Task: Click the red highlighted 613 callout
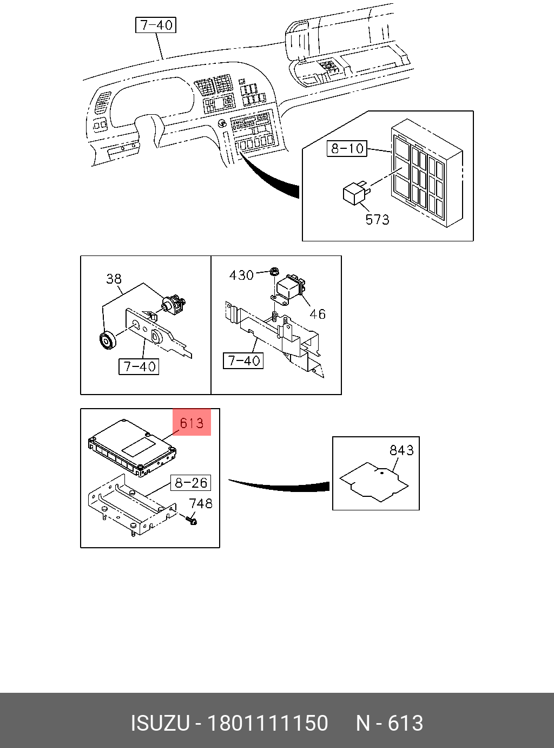click(x=192, y=423)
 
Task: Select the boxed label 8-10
click(x=347, y=148)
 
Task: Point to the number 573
click(x=377, y=220)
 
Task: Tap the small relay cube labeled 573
click(x=355, y=194)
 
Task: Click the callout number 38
click(x=114, y=279)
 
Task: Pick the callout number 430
click(x=241, y=275)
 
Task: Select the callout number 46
click(x=318, y=314)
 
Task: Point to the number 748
click(x=201, y=503)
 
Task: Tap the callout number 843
click(x=401, y=450)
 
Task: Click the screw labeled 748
click(x=191, y=520)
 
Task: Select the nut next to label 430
click(x=274, y=270)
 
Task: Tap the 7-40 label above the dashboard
click(x=156, y=25)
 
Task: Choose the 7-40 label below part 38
click(x=139, y=366)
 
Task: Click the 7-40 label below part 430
click(x=243, y=360)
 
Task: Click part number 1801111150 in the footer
click(x=268, y=723)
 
